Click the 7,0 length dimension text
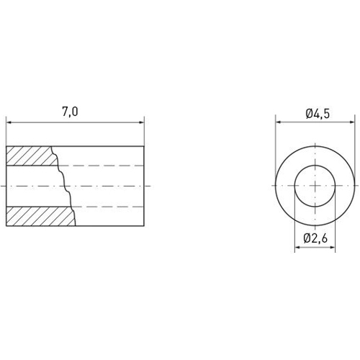(70, 111)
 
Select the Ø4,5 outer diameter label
(317, 113)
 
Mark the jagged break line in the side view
(65, 186)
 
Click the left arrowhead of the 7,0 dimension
(9, 122)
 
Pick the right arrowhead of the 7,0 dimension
(141, 122)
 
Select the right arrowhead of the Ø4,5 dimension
(354, 122)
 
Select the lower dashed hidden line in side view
(108, 207)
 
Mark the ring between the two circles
(287, 186)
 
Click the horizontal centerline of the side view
(108, 186)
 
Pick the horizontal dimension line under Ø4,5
(317, 122)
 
